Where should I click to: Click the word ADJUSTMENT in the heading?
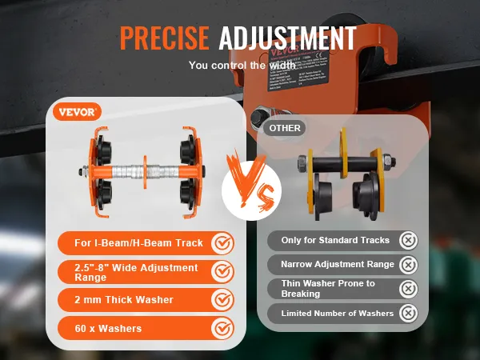pyautogui.click(x=287, y=38)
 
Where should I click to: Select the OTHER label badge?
pyautogui.click(x=285, y=127)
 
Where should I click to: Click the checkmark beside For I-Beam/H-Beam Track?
pyautogui.click(x=222, y=242)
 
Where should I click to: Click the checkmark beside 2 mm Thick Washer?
pyautogui.click(x=222, y=299)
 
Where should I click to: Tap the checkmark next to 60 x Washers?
pyautogui.click(x=222, y=327)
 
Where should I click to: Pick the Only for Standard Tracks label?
pyautogui.click(x=336, y=240)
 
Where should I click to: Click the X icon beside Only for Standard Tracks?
pyautogui.click(x=408, y=240)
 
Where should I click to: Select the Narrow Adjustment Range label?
pyautogui.click(x=338, y=264)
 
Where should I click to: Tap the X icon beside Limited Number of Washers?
pyautogui.click(x=408, y=313)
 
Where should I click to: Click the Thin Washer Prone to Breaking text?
pyautogui.click(x=329, y=288)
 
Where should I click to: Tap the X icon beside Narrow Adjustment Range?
pyautogui.click(x=408, y=264)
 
